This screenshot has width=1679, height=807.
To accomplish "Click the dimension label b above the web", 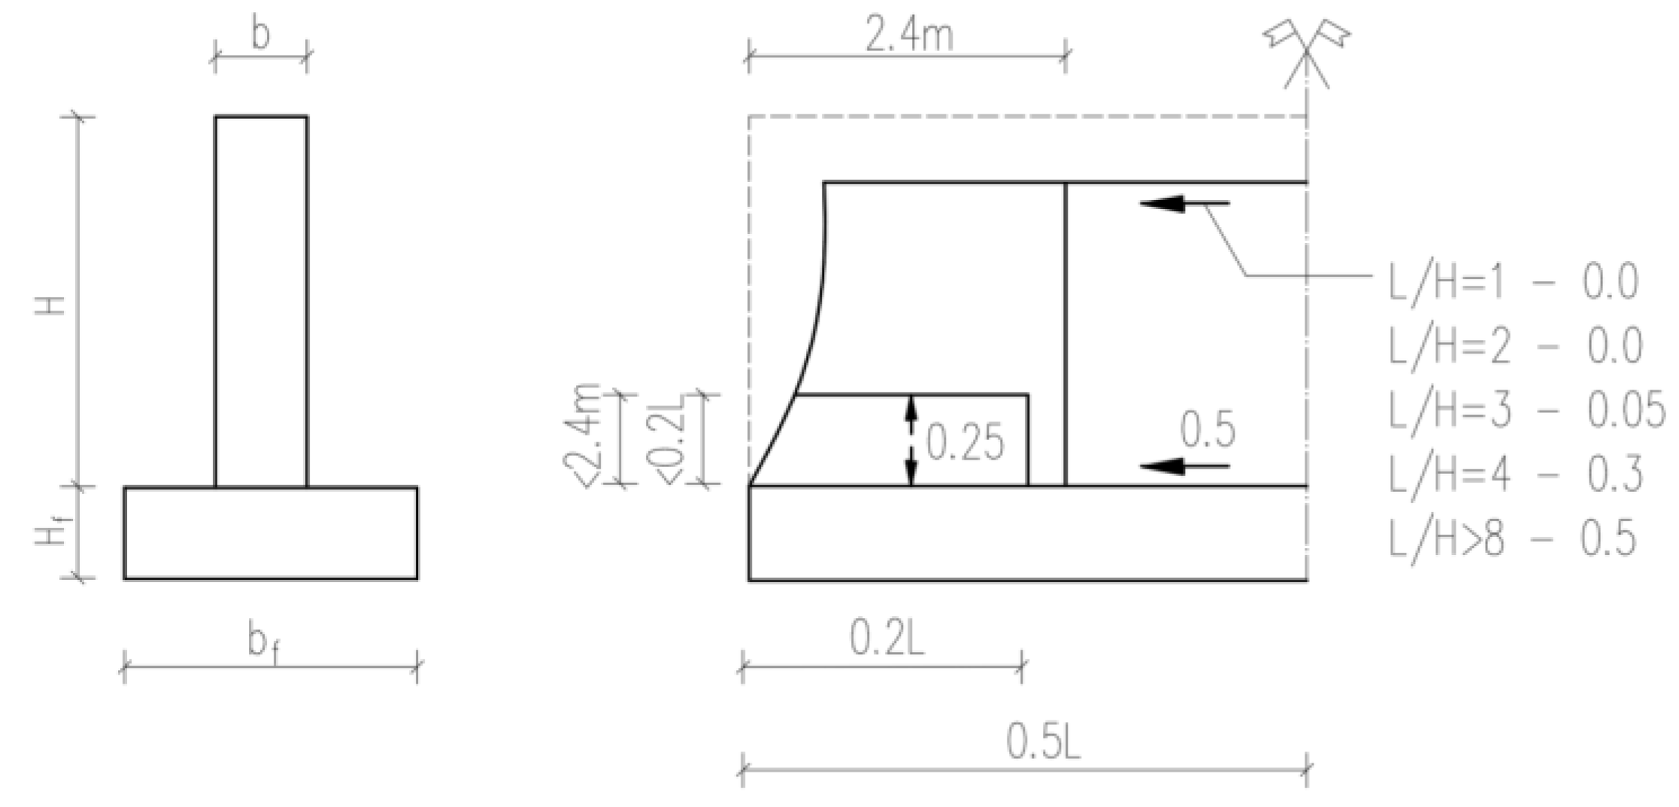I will tap(260, 35).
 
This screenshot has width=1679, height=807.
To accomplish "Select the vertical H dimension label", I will tap(52, 303).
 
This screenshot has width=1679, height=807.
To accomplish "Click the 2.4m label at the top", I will tap(908, 35).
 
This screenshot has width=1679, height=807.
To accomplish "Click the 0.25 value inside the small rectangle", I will tap(965, 442).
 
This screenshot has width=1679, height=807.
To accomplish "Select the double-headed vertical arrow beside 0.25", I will tap(911, 440).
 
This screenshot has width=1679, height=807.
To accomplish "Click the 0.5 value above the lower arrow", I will tap(1207, 430).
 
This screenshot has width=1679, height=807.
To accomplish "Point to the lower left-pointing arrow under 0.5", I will tap(1184, 467).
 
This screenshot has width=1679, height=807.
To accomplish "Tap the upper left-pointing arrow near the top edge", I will tap(1184, 203).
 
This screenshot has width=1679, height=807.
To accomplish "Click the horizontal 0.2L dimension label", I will tap(887, 640).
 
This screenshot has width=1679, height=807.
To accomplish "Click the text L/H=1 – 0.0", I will tap(1513, 283).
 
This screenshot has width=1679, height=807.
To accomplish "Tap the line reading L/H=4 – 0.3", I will tap(1515, 474).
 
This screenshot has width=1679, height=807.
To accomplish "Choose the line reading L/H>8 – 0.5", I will tap(1511, 539).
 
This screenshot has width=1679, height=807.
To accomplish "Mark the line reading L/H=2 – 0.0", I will tap(1515, 347).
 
